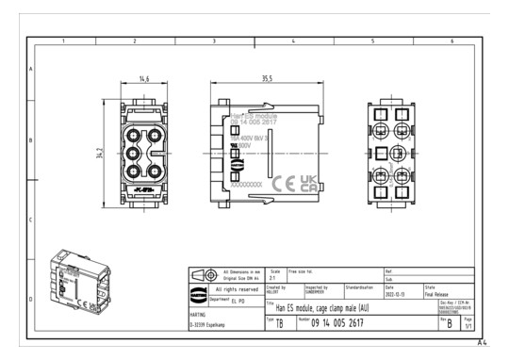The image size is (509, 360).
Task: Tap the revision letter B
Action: [x=452, y=322]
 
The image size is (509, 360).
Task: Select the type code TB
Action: [x=279, y=323]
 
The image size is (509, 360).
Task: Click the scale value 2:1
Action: [x=274, y=278]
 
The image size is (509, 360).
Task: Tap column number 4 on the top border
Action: [x=293, y=41]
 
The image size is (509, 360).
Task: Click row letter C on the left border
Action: [x=31, y=220]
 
